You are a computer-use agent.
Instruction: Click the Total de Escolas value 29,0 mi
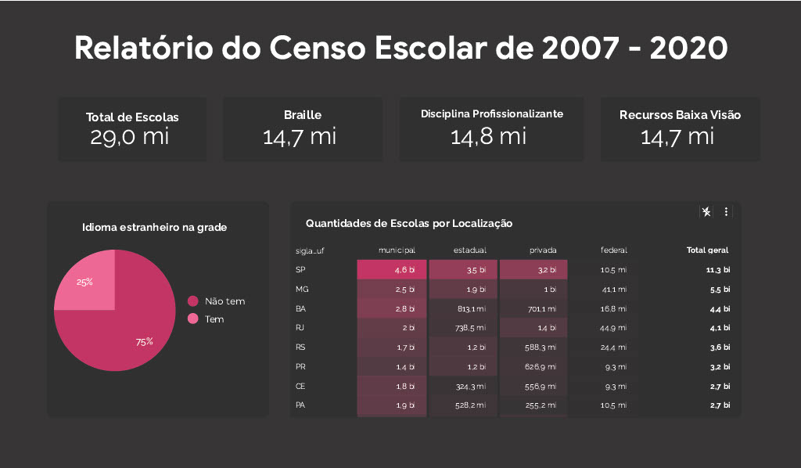pyautogui.click(x=131, y=137)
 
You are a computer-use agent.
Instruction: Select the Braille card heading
pyautogui.click(x=303, y=115)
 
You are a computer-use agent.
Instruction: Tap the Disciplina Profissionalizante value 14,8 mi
pyautogui.click(x=488, y=136)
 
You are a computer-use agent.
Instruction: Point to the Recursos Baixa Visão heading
pyautogui.click(x=680, y=115)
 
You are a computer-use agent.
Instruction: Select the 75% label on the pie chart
pyautogui.click(x=144, y=342)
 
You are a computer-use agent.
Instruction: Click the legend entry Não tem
pyautogui.click(x=224, y=301)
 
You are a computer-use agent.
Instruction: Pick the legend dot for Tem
pyautogui.click(x=193, y=319)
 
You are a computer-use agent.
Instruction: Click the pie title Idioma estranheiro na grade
pyautogui.click(x=155, y=228)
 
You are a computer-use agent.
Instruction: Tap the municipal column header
pyautogui.click(x=397, y=250)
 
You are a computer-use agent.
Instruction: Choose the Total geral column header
pyautogui.click(x=707, y=250)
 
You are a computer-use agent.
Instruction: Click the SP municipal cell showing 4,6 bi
pyautogui.click(x=392, y=270)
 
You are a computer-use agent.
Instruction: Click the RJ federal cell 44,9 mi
pyautogui.click(x=613, y=328)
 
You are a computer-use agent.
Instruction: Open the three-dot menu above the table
pyautogui.click(x=726, y=212)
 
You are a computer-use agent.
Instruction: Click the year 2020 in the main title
pyautogui.click(x=688, y=49)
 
